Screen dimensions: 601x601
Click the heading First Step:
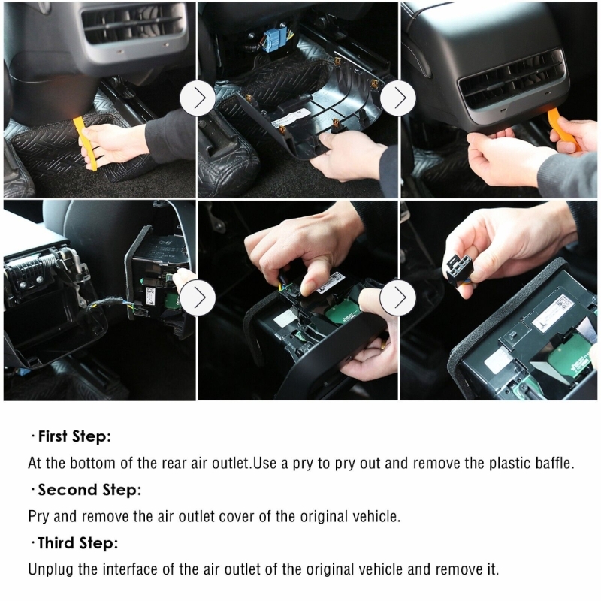coord(74,436)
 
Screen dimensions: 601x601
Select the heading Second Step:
coord(89,490)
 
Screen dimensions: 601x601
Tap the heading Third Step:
coord(78,542)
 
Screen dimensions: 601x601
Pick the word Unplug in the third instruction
coord(50,569)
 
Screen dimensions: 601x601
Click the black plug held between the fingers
coord(458,269)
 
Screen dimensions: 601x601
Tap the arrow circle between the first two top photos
coord(198,98)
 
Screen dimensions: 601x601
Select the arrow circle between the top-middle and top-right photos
coord(398,98)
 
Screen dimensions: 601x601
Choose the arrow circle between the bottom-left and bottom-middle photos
coord(198,297)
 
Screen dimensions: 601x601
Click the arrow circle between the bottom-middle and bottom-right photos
coord(398,297)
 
